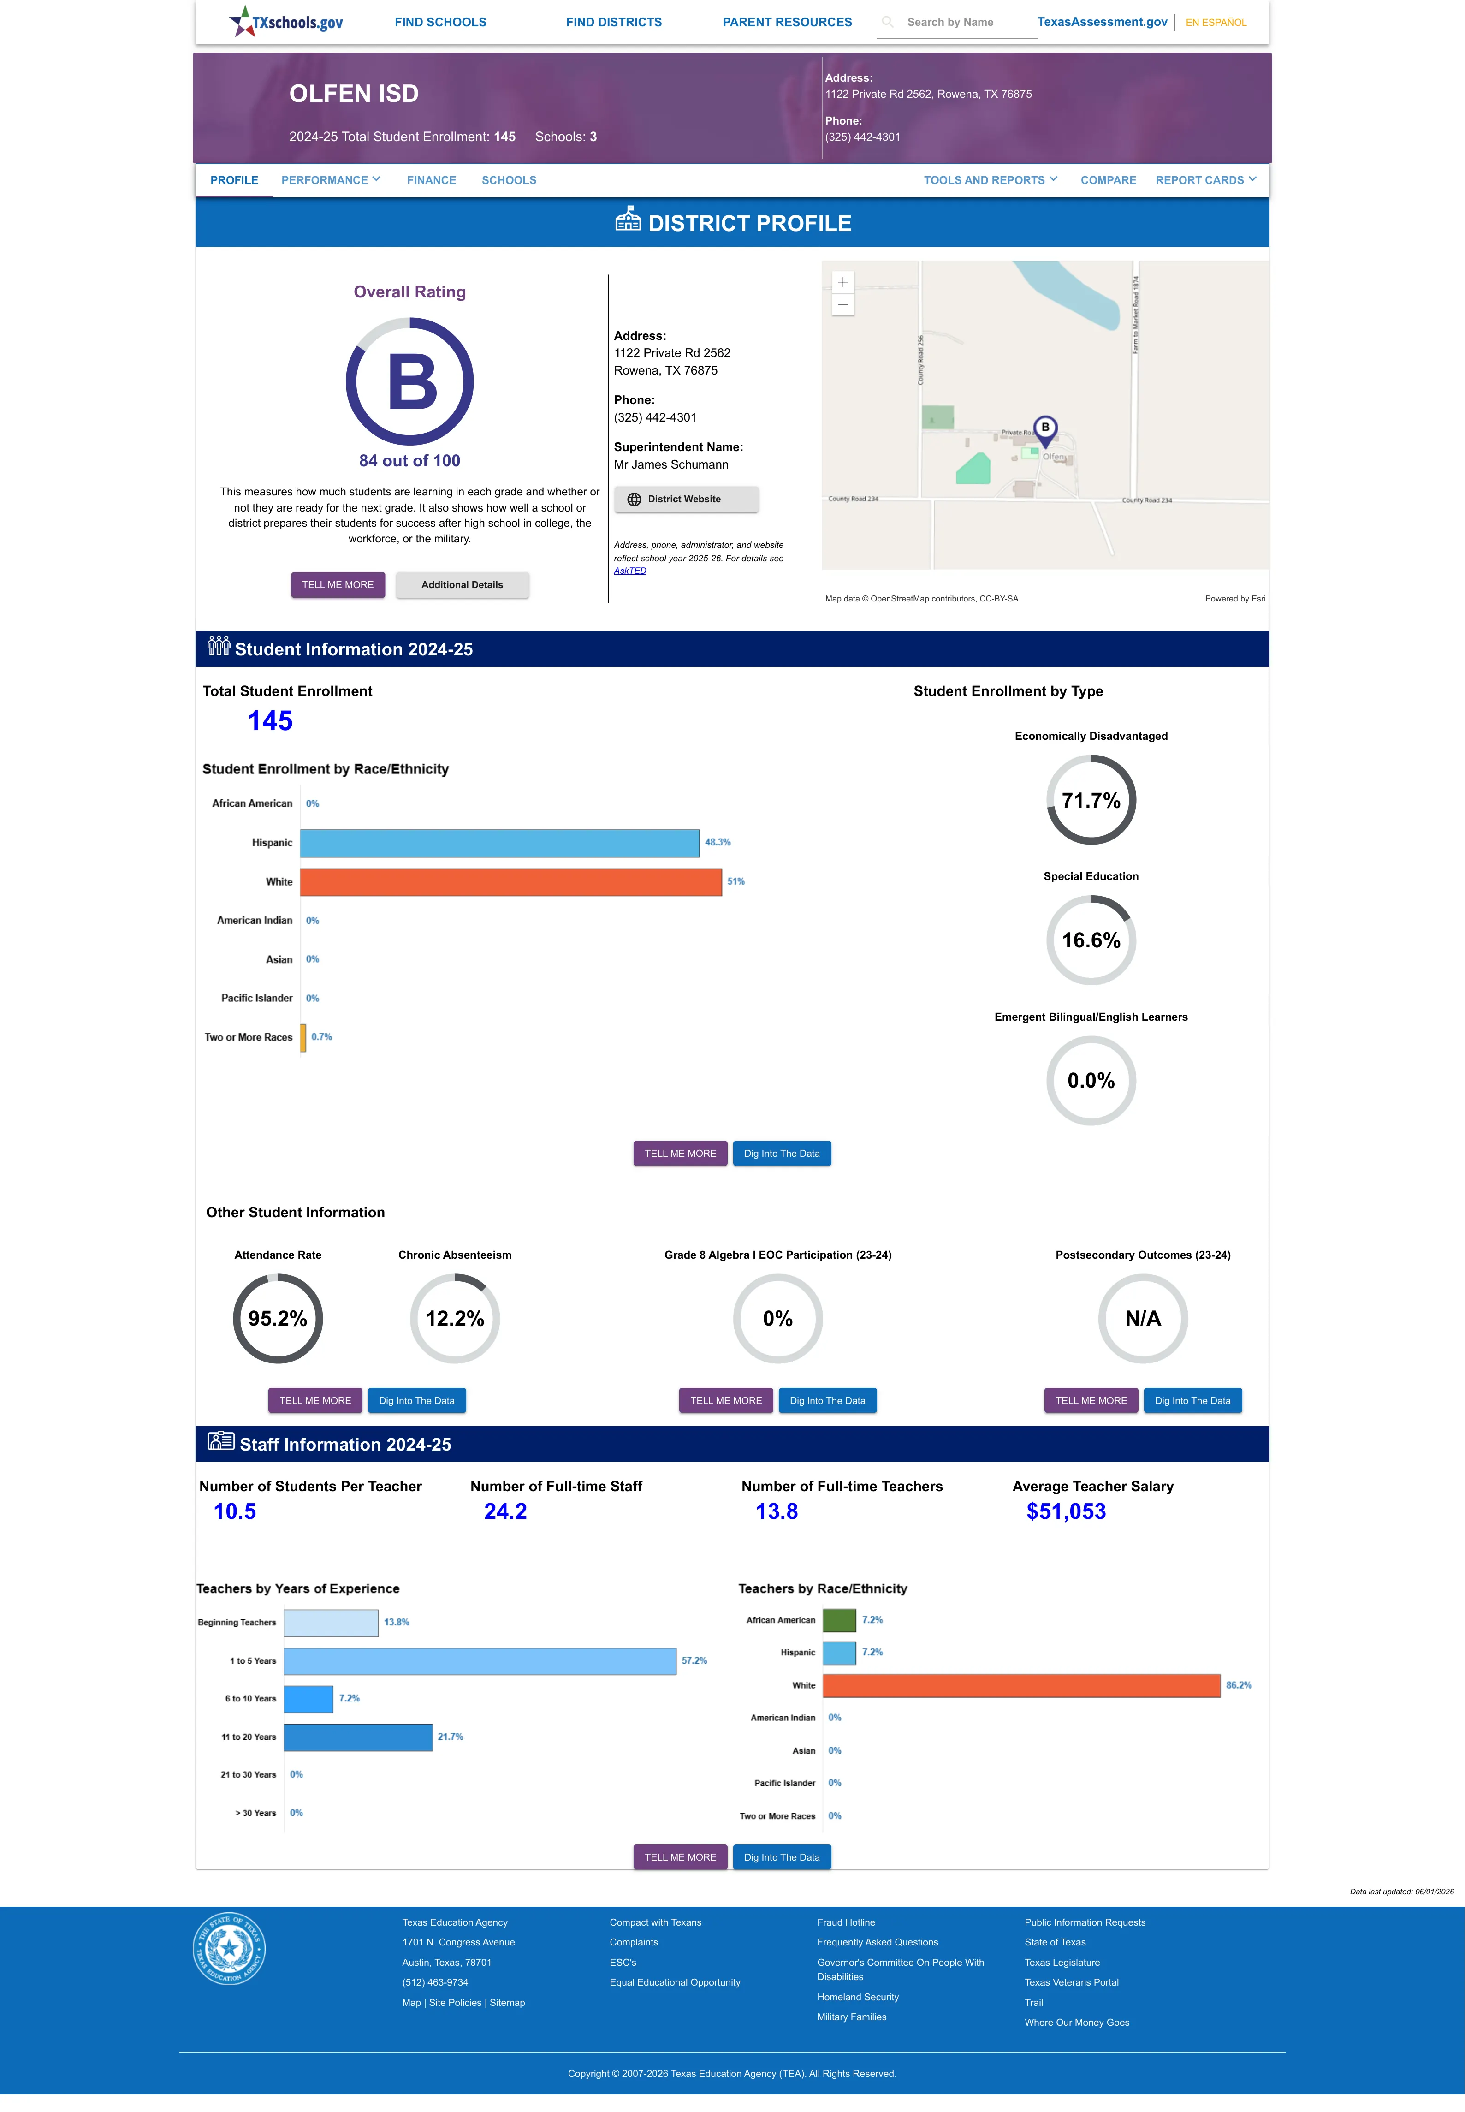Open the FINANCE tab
[x=432, y=180]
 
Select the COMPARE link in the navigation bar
[x=1108, y=180]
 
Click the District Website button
[x=686, y=500]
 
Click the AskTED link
[x=630, y=571]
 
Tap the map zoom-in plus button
[x=842, y=282]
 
